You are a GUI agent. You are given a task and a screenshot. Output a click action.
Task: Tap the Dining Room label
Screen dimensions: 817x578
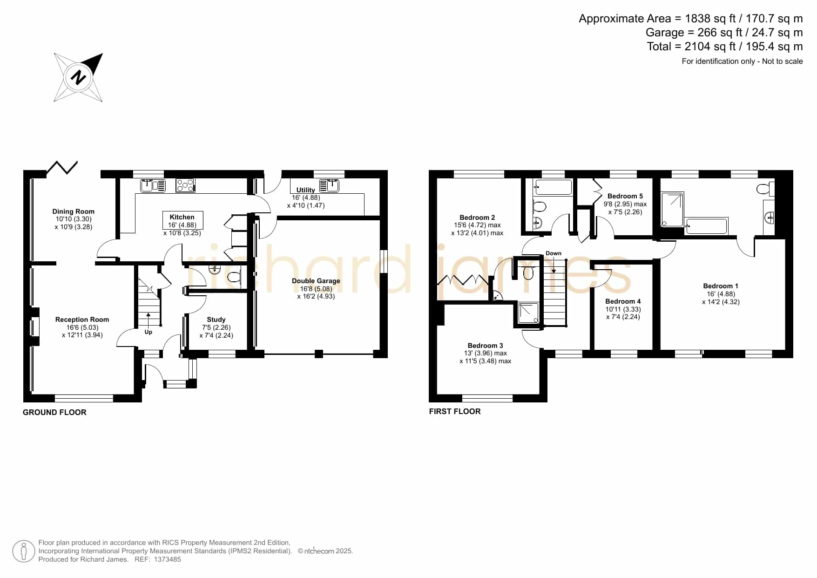[74, 211]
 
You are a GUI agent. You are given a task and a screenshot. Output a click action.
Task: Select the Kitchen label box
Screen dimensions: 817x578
[182, 221]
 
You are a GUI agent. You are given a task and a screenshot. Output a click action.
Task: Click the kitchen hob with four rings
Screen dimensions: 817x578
[185, 185]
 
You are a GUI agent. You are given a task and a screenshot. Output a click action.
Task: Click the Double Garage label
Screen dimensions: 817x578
[316, 281]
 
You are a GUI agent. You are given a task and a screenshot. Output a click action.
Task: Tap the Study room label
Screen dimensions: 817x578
[216, 320]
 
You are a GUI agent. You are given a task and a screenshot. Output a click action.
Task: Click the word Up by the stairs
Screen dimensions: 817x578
[149, 332]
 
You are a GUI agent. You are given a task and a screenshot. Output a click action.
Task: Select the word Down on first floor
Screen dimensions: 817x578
[554, 253]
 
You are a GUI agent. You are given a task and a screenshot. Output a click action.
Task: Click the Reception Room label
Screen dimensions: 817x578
[82, 320]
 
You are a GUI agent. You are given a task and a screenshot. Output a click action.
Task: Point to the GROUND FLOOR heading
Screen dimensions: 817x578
[54, 412]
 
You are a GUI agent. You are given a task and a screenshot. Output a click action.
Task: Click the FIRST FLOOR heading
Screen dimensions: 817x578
[455, 411]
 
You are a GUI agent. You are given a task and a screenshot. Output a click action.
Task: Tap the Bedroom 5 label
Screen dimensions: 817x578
[625, 196]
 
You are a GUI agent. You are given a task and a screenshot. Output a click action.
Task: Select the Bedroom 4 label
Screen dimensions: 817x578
[623, 301]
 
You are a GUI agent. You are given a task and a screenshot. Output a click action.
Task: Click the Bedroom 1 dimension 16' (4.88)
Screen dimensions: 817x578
[721, 294]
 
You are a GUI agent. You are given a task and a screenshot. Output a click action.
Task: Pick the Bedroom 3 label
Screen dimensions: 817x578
[486, 346]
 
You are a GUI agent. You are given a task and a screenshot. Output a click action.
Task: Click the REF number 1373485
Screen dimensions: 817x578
[167, 559]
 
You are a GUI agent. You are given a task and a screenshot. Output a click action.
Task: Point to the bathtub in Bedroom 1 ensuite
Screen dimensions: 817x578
[707, 226]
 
